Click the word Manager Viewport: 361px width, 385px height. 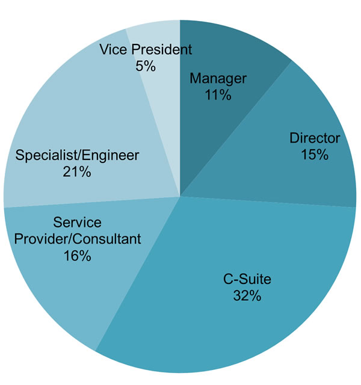[218, 79]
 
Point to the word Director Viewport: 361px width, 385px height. [315, 138]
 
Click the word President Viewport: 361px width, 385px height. [162, 49]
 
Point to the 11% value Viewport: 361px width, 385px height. [218, 95]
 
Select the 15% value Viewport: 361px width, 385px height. [315, 155]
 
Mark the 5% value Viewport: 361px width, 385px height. [146, 66]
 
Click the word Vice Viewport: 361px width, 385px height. [114, 49]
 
